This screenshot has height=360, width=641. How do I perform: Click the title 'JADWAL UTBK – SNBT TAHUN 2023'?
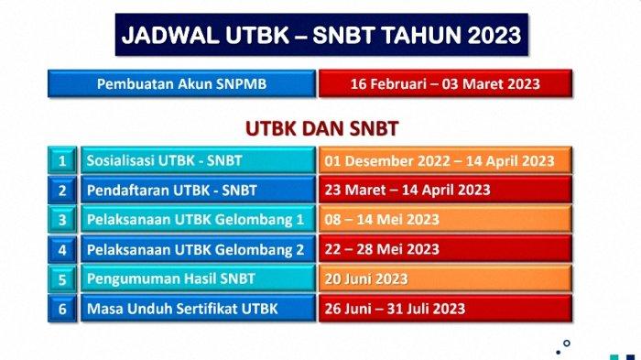click(321, 36)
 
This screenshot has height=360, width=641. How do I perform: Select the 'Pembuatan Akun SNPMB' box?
click(182, 84)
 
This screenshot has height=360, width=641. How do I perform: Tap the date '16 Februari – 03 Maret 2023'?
click(445, 84)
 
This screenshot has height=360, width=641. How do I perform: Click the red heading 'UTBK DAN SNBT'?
click(320, 127)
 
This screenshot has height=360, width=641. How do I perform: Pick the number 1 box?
click(62, 161)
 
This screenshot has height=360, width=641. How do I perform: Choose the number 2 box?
click(62, 191)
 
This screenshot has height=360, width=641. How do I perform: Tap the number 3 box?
click(62, 220)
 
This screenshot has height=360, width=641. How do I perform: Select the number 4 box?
click(62, 249)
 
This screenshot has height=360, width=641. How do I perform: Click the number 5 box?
click(62, 278)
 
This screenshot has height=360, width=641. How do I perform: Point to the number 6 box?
click(62, 309)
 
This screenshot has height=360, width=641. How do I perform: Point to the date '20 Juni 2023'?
click(366, 278)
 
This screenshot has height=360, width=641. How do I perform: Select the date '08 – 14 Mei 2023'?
click(382, 220)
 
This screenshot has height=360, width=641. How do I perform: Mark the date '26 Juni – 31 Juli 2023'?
click(395, 309)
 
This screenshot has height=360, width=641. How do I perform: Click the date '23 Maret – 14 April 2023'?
click(407, 191)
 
